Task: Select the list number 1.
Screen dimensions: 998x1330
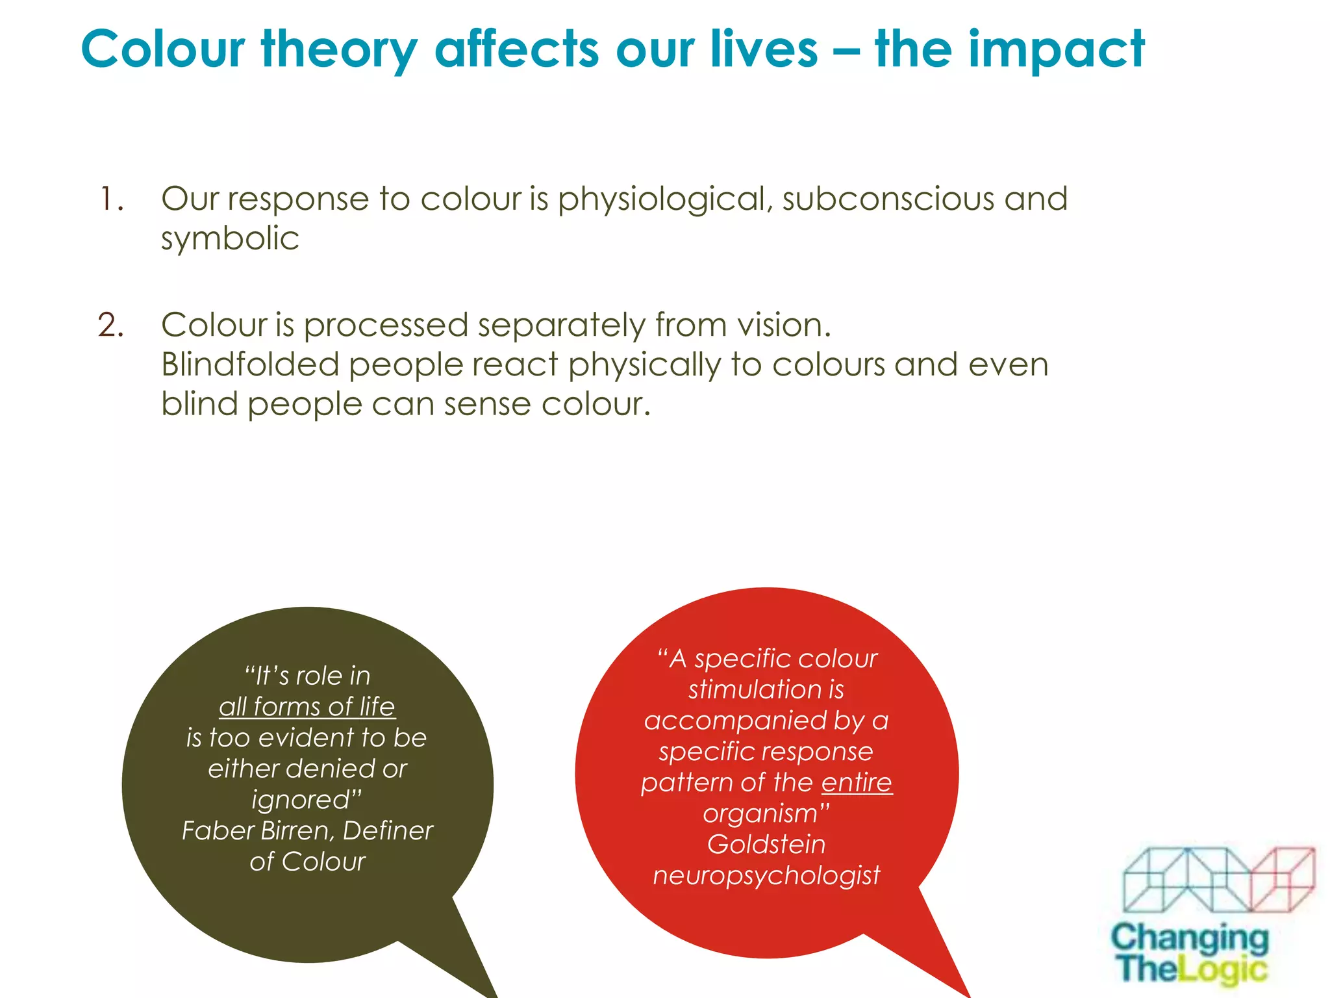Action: click(111, 199)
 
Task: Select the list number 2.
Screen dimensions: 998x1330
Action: click(111, 325)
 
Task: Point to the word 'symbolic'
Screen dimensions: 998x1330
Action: click(230, 238)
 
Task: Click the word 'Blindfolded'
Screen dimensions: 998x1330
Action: click(250, 365)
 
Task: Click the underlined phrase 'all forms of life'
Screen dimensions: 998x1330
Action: click(307, 707)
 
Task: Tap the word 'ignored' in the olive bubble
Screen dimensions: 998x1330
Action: click(301, 800)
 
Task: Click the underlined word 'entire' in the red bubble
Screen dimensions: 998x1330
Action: click(857, 782)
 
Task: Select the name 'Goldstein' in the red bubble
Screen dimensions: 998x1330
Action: click(766, 845)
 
